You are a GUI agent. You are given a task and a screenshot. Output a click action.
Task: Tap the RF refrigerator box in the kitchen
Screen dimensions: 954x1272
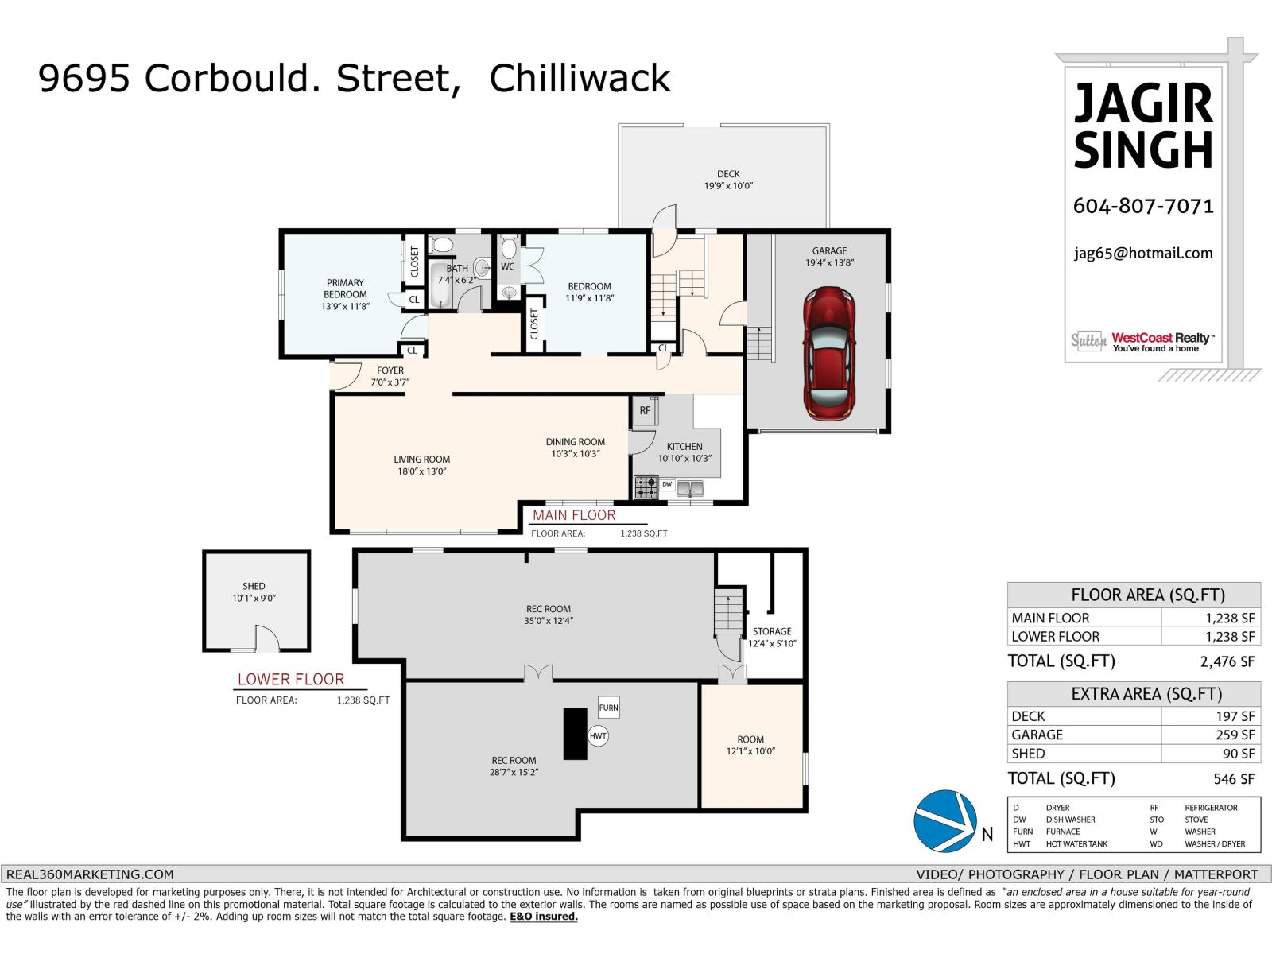[645, 411]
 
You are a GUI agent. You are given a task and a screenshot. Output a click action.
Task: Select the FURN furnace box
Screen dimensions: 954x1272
[608, 708]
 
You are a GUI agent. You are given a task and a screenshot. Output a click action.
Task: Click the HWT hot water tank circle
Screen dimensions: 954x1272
[598, 736]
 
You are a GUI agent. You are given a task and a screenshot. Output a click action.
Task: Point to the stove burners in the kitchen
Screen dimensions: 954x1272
[646, 487]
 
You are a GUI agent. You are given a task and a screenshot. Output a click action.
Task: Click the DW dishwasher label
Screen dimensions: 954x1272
[667, 484]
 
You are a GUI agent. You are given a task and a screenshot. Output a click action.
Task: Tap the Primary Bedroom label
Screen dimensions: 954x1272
[345, 289]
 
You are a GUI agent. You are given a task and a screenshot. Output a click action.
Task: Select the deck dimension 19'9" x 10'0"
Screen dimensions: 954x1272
[727, 185]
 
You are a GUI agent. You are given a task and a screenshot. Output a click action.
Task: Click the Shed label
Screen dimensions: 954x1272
[254, 586]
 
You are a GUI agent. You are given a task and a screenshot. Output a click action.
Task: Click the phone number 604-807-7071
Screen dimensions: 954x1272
[1142, 206]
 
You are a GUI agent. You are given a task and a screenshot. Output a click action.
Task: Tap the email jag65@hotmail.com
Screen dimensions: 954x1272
[1142, 253]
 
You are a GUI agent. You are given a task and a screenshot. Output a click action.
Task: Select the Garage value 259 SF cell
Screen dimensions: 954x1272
[1235, 735]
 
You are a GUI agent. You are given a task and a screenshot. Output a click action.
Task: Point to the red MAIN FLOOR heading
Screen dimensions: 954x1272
[574, 515]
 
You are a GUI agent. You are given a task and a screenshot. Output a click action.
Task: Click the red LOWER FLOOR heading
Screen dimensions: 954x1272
[291, 680]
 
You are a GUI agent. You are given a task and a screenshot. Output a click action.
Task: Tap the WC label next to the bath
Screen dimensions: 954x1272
[507, 267]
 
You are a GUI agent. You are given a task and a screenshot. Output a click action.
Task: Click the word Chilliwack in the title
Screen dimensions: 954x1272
[580, 78]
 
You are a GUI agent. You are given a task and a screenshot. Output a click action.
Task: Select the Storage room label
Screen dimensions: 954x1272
[772, 631]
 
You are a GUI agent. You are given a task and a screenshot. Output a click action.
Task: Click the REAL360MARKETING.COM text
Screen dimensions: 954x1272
[90, 874]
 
